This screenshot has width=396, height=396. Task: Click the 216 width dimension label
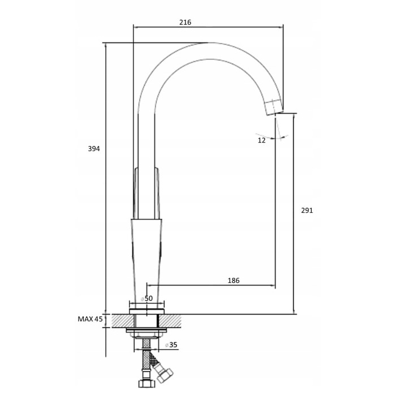coord(186,23)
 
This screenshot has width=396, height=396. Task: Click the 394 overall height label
coord(94,149)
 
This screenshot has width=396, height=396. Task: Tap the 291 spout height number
coord(307,210)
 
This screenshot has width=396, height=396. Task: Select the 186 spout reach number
coord(234,281)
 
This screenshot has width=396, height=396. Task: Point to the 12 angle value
coord(261,140)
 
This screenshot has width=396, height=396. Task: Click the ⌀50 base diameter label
coord(147,299)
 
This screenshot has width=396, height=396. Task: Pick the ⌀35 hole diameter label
coord(171,345)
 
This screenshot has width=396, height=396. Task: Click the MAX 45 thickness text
coord(90,319)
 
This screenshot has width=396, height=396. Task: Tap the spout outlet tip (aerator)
coord(274,106)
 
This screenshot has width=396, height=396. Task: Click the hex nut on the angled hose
coord(165,375)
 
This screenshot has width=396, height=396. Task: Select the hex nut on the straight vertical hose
coord(147,384)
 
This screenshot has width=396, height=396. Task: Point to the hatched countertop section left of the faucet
coord(123,321)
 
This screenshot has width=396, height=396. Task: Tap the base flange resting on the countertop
coord(147,311)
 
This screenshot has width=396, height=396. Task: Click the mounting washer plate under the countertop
coord(147,330)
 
